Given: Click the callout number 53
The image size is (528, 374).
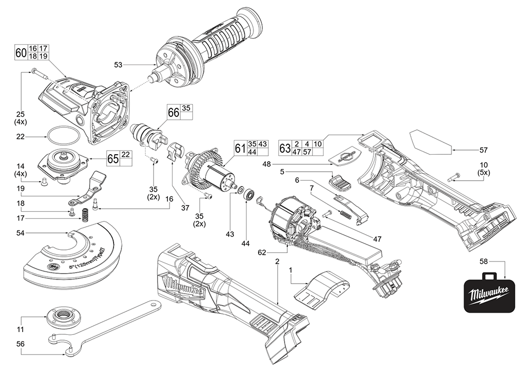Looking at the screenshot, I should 118,65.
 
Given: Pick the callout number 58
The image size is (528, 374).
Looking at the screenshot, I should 484,261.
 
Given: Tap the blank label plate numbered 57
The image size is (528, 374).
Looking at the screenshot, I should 431,141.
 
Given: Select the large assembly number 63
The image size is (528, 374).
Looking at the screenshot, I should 285,148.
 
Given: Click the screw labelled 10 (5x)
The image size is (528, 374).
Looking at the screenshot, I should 452,179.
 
